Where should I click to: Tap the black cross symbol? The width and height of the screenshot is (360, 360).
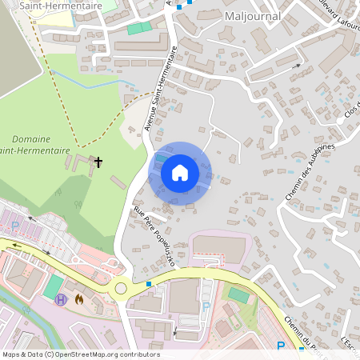pyautogui.click(x=98, y=162)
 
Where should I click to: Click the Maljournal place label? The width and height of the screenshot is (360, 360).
pyautogui.click(x=252, y=15)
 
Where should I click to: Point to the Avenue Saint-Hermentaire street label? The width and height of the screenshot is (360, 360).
pyautogui.click(x=161, y=88)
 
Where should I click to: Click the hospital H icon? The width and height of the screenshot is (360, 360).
pyautogui.click(x=62, y=299)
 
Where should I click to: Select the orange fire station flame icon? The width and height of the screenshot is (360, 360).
pyautogui.click(x=78, y=299)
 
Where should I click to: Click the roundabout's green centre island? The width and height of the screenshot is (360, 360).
pyautogui.click(x=121, y=288)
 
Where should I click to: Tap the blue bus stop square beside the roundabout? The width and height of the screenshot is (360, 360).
pyautogui.click(x=149, y=283)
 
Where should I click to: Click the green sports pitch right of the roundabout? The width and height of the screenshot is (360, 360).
pyautogui.click(x=238, y=294)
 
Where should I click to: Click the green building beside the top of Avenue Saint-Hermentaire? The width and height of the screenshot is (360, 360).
pyautogui.click(x=139, y=28)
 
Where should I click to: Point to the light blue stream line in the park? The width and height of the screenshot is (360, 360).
pyautogui.click(x=88, y=83)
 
